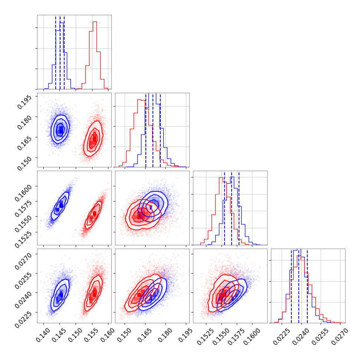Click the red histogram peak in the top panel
(x=95, y=22)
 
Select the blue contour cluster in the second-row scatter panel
(x=60, y=130)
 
